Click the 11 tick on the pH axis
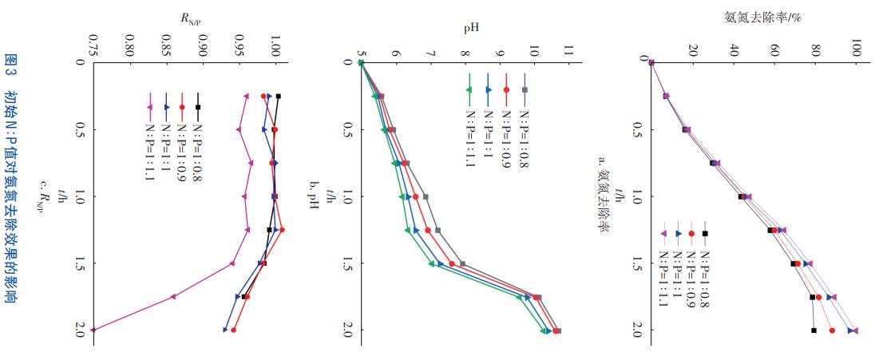click(567, 52)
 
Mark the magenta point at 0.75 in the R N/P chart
click(93, 330)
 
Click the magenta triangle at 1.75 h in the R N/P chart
click(173, 296)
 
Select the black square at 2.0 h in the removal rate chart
click(814, 330)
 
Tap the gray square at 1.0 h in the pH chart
click(425, 196)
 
